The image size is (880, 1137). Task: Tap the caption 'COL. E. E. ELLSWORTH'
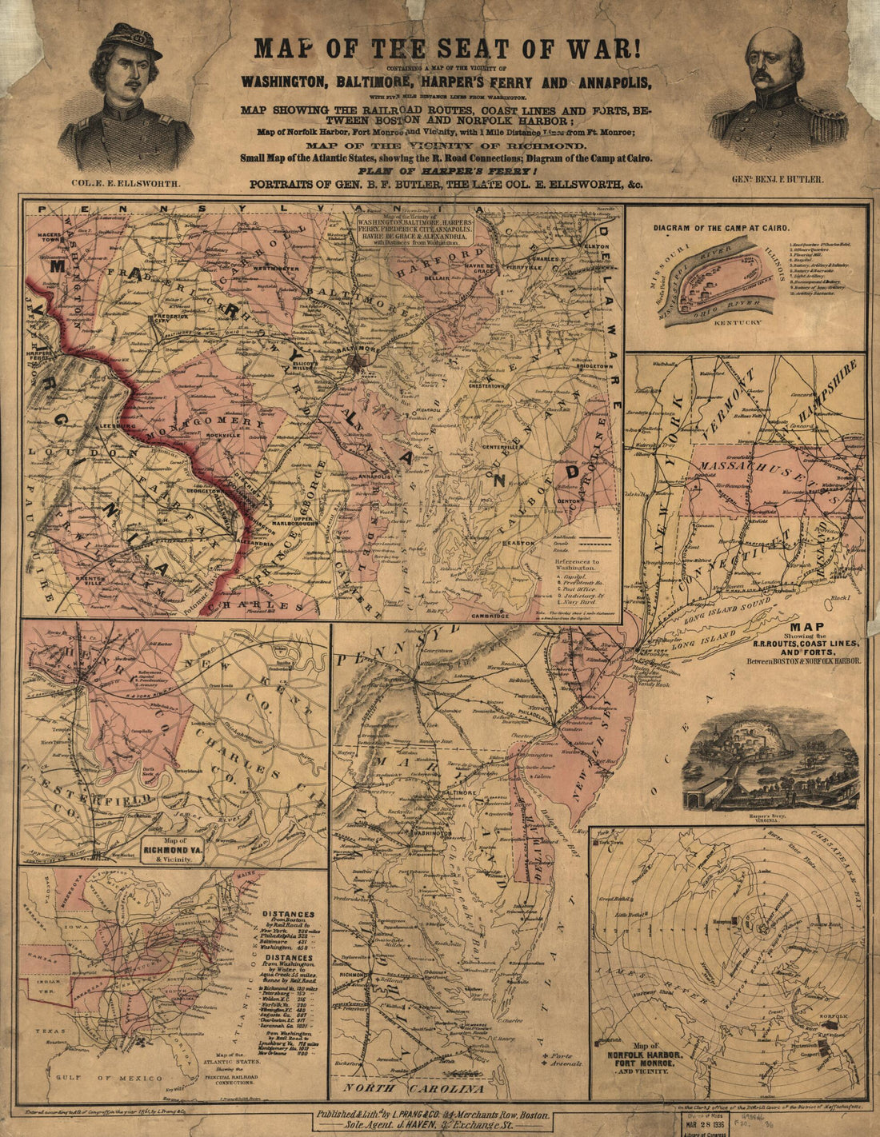pos(126,183)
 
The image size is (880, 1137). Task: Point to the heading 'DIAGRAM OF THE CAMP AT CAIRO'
pos(727,227)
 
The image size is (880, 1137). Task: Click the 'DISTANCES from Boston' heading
pos(290,918)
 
